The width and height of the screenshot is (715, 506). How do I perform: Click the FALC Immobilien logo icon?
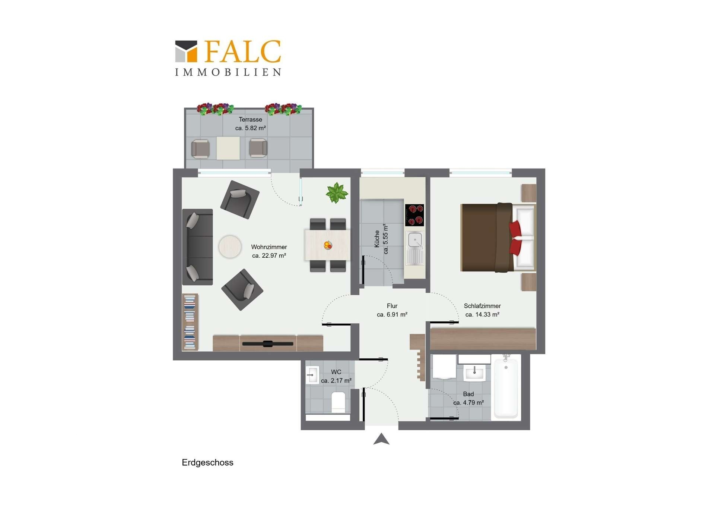186,51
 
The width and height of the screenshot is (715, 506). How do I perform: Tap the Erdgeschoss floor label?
207,463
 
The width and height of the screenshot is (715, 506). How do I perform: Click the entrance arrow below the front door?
381,439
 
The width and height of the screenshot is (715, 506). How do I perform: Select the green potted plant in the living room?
337,193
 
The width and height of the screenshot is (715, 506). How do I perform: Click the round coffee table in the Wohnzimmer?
230,246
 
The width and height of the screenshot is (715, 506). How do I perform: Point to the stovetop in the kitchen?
414,215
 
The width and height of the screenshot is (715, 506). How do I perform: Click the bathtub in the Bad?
506,387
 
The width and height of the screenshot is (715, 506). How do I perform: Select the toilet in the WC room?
338,403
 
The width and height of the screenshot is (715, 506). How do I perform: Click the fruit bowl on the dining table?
328,245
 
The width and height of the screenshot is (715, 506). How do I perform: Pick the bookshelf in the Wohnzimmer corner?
190,322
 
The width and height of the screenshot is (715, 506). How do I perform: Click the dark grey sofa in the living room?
197,247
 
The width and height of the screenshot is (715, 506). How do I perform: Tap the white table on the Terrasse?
228,148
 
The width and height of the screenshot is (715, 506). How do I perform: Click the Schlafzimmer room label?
482,306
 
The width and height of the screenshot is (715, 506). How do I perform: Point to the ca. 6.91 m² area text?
392,315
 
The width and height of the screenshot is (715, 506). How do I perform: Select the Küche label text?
377,239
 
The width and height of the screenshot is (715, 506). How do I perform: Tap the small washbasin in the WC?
312,375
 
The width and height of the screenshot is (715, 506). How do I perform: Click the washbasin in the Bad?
474,373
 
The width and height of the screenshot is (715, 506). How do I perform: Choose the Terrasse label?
250,120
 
